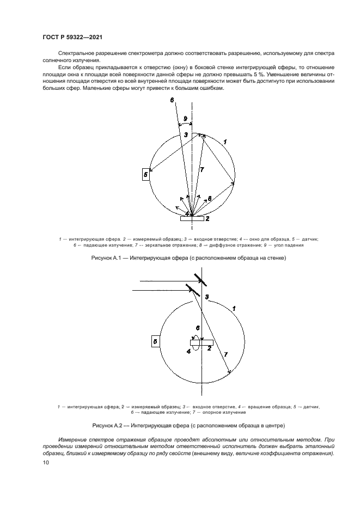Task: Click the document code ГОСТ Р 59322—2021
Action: click(72, 37)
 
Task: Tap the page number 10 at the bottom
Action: click(46, 463)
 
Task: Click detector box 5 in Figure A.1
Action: click(145, 174)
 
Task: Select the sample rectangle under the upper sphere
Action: click(193, 218)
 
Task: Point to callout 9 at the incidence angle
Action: click(185, 118)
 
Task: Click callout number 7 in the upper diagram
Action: click(202, 170)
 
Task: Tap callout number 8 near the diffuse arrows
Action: click(211, 198)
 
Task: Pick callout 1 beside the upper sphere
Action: click(225, 142)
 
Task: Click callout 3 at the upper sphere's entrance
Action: click(186, 134)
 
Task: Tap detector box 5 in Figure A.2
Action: click(155, 341)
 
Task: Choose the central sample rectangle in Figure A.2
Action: click(201, 342)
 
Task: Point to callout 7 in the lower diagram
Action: click(225, 354)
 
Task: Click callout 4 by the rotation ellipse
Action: click(188, 352)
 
